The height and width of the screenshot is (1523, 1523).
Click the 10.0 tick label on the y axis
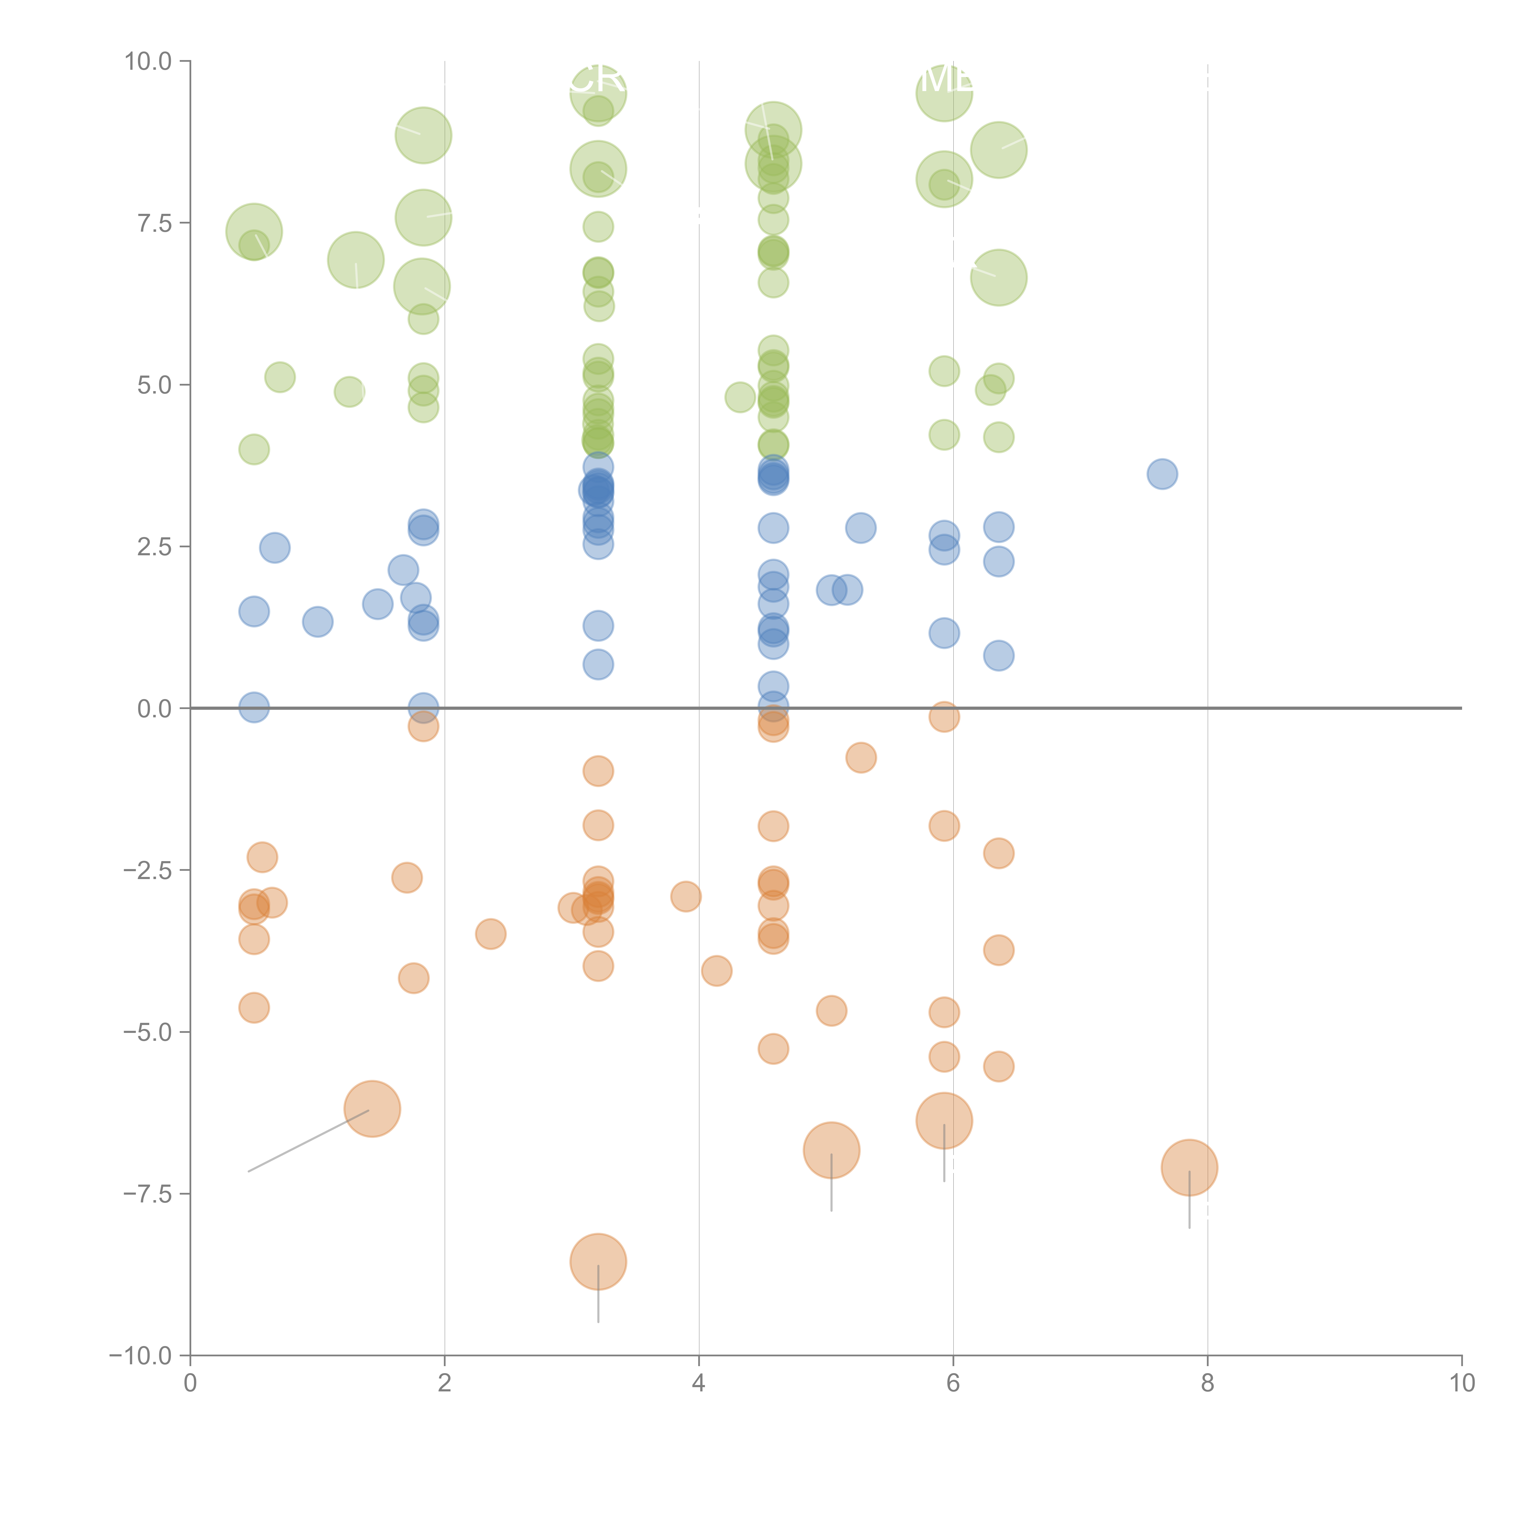[148, 62]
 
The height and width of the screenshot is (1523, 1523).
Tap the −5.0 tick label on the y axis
[147, 1032]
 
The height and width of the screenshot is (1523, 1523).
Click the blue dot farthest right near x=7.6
[1162, 474]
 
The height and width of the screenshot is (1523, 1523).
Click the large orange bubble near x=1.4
[372, 1108]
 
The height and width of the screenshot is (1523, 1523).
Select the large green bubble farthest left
[254, 231]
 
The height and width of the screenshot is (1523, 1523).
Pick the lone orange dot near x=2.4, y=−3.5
[490, 934]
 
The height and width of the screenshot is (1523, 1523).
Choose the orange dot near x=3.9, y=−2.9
[686, 896]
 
